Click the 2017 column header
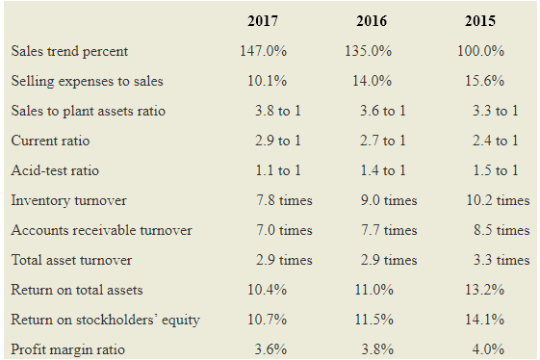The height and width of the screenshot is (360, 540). click(x=263, y=21)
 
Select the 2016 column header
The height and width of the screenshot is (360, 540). click(x=372, y=21)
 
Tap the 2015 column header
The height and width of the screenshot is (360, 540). click(x=480, y=21)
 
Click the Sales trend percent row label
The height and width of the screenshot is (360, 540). click(x=69, y=51)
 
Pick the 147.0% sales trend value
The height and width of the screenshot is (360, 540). click(x=263, y=51)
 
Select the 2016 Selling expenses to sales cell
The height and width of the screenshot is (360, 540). click(x=372, y=81)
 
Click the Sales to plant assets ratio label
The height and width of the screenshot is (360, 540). click(x=89, y=112)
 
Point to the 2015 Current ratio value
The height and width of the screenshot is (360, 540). click(x=495, y=141)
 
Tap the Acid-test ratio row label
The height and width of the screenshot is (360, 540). click(x=55, y=170)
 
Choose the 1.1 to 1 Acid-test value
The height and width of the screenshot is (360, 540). click(x=278, y=170)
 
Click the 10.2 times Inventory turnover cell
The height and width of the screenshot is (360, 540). click(x=498, y=200)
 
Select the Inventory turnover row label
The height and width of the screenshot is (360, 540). click(x=69, y=200)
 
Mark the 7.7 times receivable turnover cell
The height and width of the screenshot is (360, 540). click(x=389, y=230)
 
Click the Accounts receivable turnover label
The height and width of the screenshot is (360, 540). click(x=102, y=230)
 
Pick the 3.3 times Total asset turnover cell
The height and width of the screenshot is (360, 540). click(x=501, y=260)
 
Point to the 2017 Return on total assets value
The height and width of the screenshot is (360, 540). click(x=267, y=290)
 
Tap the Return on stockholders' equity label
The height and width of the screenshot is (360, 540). click(x=105, y=320)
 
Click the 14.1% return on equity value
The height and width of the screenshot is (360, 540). click(x=484, y=320)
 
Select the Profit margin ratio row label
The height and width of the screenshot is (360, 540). click(x=67, y=349)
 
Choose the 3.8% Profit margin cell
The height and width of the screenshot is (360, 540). click(x=377, y=349)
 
